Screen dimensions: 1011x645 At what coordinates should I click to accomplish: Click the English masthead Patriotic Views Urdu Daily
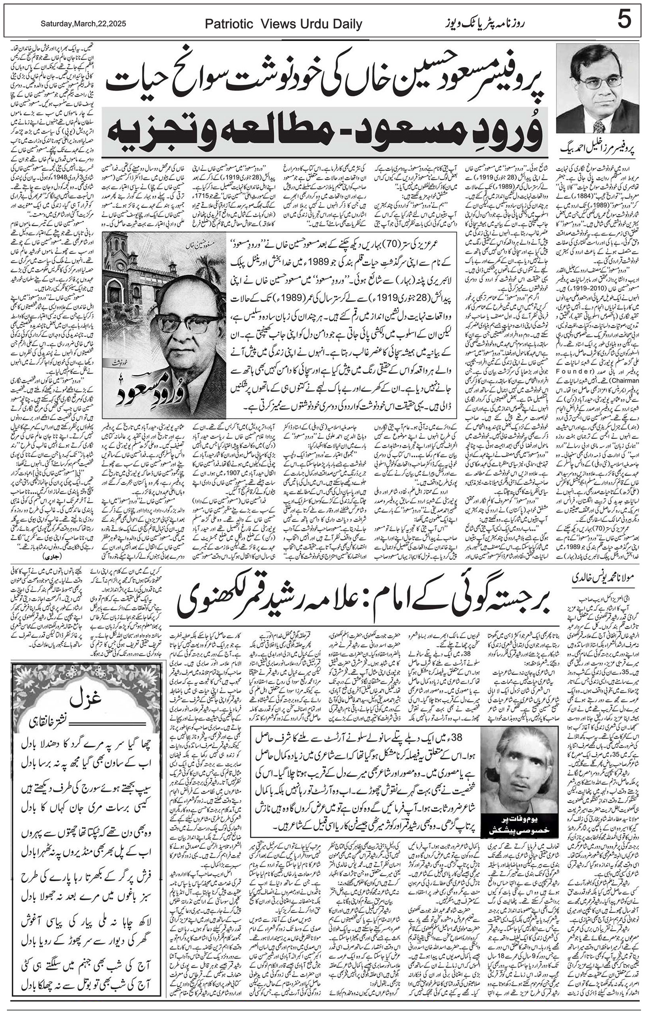tap(283, 25)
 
